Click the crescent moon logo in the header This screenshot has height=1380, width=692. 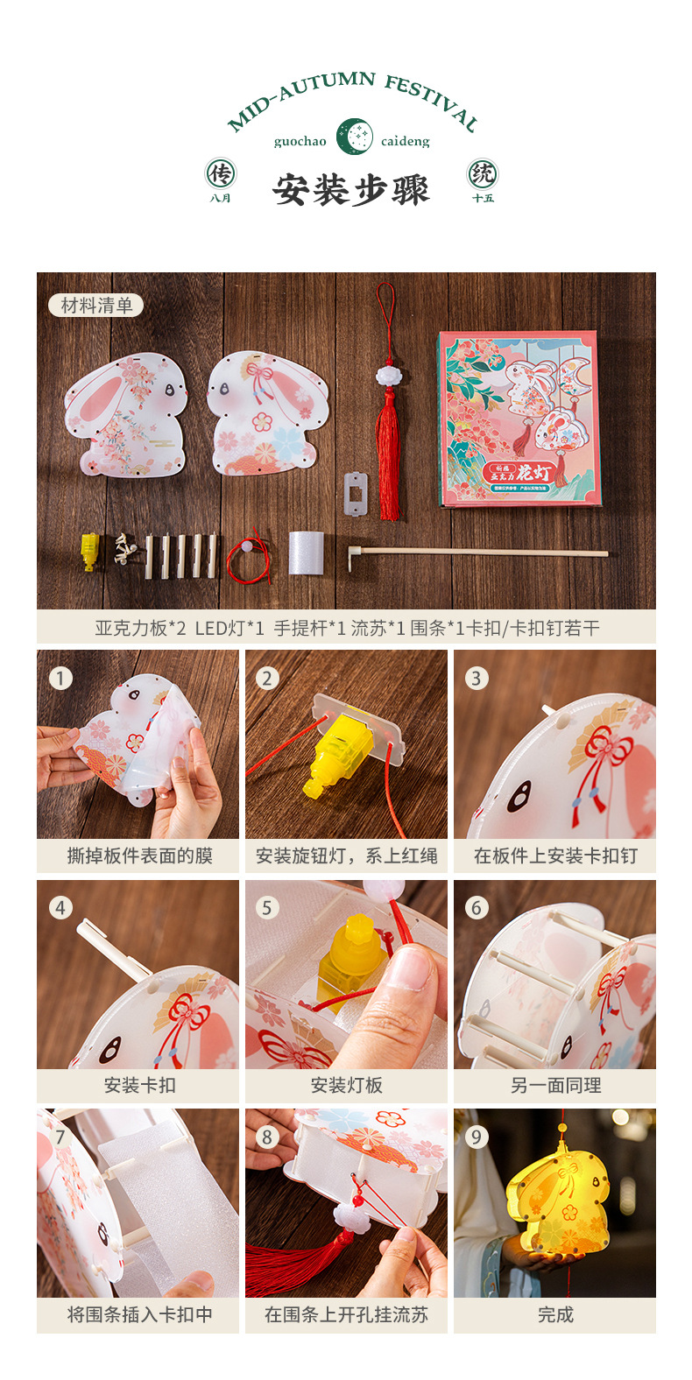[354, 137]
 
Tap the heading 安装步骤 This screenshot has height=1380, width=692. [351, 189]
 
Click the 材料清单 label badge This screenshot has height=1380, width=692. [96, 305]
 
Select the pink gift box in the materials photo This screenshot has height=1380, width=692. [518, 419]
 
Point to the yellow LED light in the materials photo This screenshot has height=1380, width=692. [89, 552]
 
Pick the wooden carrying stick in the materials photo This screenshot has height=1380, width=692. [477, 553]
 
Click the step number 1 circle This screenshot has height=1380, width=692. [60, 678]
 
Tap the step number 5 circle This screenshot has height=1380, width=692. [268, 907]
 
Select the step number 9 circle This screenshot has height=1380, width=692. [476, 1137]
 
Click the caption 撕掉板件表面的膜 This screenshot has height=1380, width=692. [139, 855]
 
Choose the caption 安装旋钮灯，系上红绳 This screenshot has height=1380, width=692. [346, 855]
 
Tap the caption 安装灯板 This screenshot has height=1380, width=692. [346, 1085]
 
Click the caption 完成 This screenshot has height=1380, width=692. [554, 1314]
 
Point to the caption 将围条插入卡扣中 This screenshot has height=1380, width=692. [139, 1314]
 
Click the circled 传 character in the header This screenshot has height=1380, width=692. [220, 174]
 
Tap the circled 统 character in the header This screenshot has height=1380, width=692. [483, 174]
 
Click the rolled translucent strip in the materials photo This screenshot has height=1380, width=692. [306, 553]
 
